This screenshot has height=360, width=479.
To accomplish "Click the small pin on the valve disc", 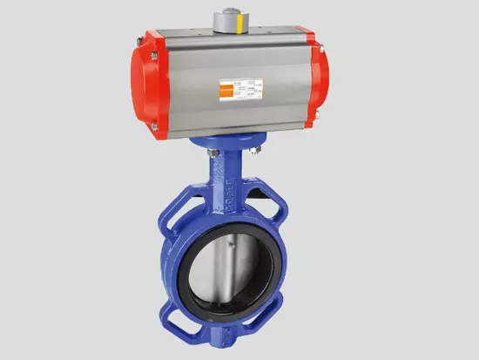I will point(230,247).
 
